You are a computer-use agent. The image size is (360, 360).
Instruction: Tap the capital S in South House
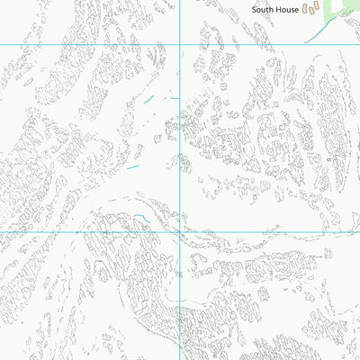(x=255, y=9)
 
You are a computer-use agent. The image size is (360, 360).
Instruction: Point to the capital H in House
(x=280, y=9)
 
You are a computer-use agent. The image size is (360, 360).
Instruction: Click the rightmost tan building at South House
(x=318, y=8)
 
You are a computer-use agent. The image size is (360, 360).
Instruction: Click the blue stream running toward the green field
(x=315, y=34)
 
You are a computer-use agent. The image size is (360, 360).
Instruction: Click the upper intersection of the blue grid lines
(x=181, y=43)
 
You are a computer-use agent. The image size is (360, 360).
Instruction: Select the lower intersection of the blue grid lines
(x=181, y=231)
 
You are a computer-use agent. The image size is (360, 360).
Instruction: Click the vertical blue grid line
(x=181, y=135)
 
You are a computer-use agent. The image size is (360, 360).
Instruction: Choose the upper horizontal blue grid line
(x=90, y=43)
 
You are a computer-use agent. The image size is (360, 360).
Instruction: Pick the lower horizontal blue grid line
(x=90, y=231)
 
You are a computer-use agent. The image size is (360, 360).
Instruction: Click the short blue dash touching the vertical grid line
(x=175, y=97)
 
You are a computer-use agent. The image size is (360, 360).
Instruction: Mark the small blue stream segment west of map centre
(x=133, y=166)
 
